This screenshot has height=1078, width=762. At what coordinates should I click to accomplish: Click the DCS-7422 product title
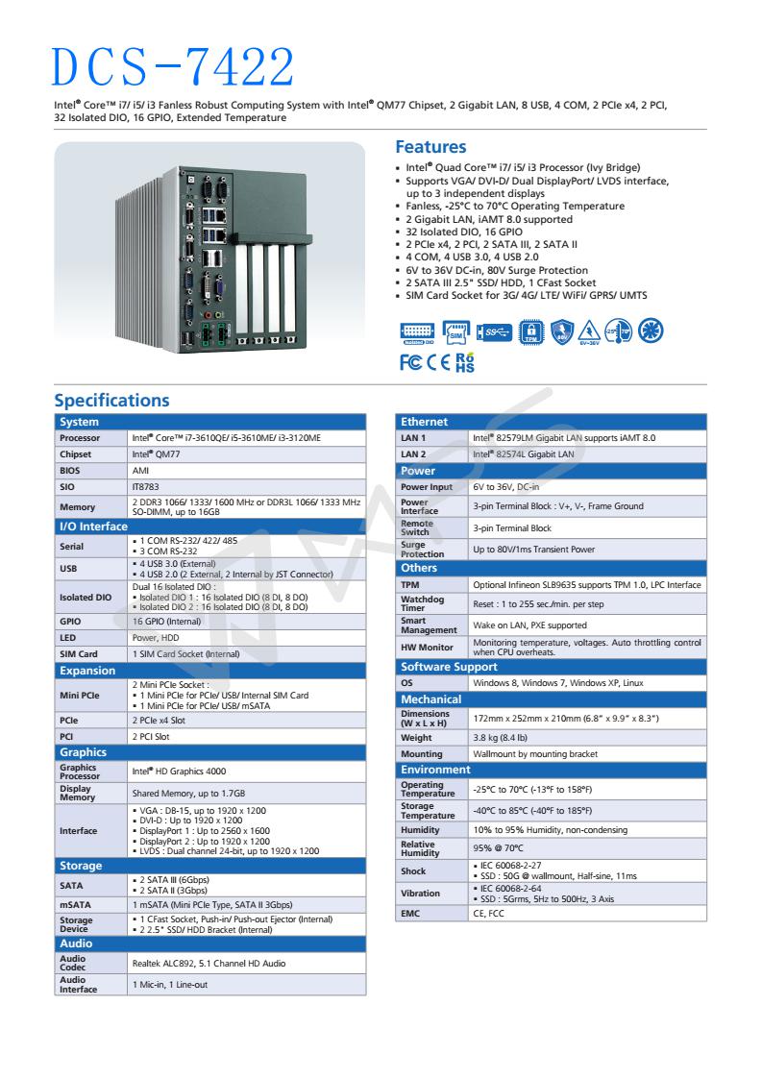point(174,64)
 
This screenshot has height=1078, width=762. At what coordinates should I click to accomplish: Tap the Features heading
point(430,147)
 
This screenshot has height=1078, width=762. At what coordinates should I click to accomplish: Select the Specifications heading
point(111,400)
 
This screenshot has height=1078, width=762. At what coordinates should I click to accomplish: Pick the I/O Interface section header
point(94,527)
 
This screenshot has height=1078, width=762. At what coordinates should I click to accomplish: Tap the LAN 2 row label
point(412,454)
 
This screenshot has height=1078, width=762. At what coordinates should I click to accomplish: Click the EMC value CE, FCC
point(489,913)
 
